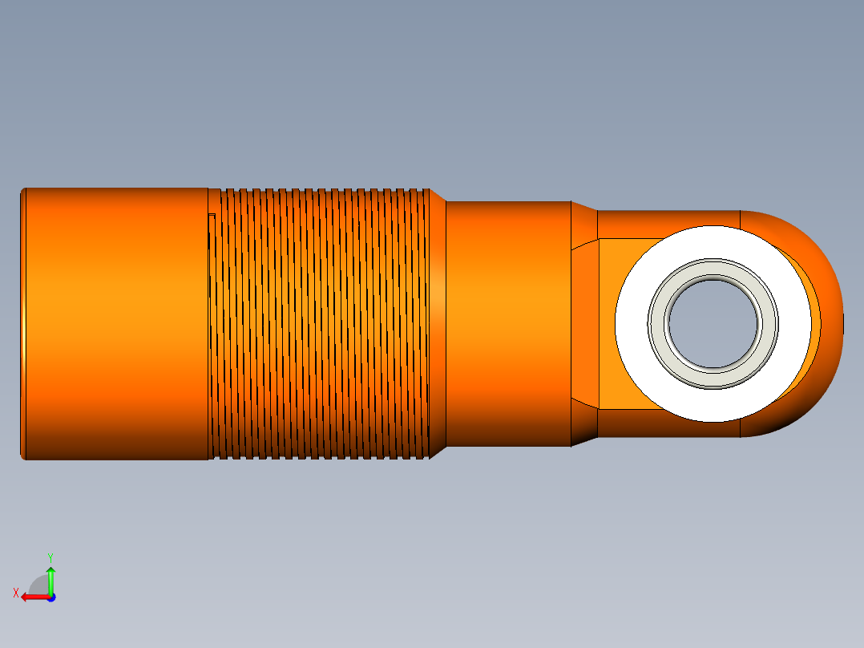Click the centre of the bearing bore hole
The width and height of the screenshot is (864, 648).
[713, 324]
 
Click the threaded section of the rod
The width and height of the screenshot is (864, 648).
[321, 324]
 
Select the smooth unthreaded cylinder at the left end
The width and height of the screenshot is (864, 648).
[116, 324]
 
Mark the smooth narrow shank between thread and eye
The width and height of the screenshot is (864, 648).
[507, 324]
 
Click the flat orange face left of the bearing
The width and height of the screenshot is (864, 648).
[608, 324]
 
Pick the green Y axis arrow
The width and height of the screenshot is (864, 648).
[50, 580]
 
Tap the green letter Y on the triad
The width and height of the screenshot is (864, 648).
[50, 557]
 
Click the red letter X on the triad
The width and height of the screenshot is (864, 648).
[15, 593]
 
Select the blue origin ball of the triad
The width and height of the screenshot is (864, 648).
[50, 597]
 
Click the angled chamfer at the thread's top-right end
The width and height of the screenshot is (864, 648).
[437, 196]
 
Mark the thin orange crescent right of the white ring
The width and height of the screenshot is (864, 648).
[815, 324]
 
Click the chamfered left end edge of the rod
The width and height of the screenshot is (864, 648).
[23, 324]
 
